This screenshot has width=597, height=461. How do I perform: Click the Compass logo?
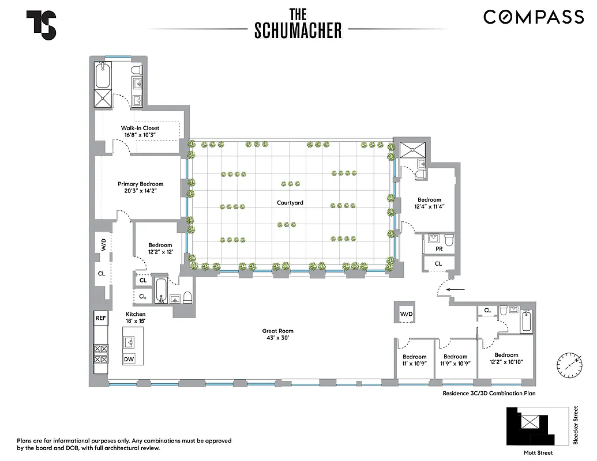point(534,17)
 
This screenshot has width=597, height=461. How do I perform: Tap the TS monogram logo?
point(41,25)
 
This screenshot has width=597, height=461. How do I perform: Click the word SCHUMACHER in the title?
point(298,31)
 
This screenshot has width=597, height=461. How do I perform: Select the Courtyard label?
point(290,203)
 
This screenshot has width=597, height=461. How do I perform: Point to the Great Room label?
point(278,331)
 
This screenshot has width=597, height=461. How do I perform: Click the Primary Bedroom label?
point(140,184)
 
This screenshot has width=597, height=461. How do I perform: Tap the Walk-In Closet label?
point(140,128)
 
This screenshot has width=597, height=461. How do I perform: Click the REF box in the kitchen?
point(101,318)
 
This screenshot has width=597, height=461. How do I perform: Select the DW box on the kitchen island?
point(129,359)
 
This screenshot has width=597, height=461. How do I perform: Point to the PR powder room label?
point(439,249)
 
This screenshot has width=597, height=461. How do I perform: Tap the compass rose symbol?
point(568,363)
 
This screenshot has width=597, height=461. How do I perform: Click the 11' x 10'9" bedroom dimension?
point(415,364)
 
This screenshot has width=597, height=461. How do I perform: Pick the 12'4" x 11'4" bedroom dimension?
point(429,206)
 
